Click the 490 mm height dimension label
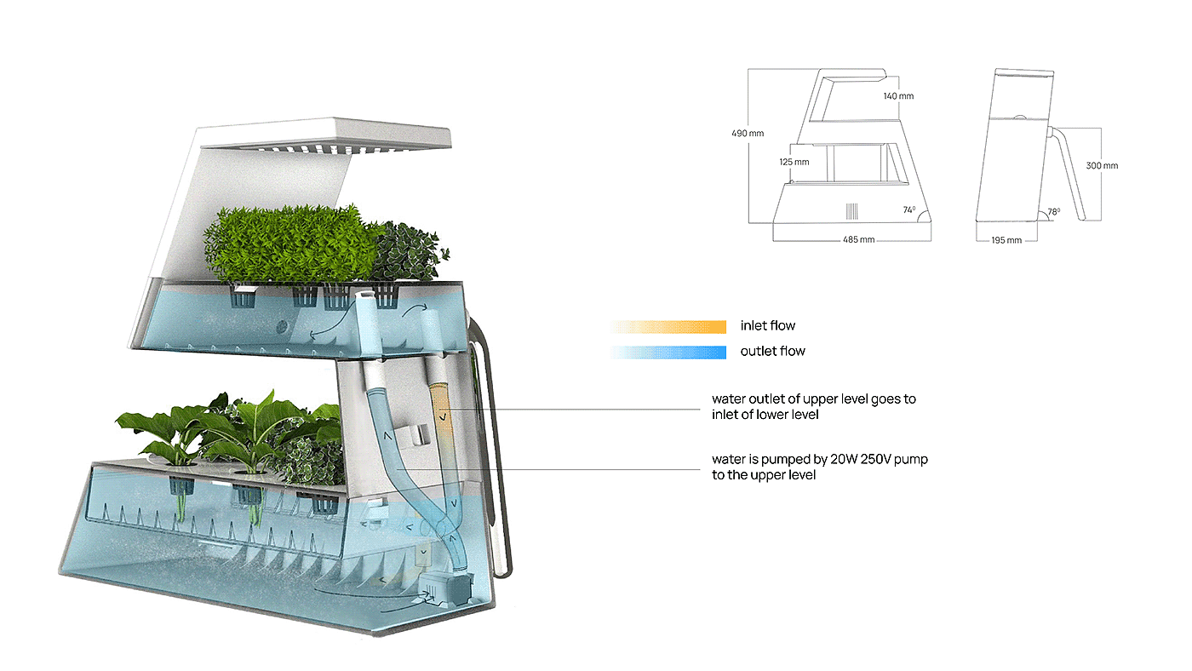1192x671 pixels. click(747, 133)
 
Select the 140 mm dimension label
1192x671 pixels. click(898, 96)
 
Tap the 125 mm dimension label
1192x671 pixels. click(794, 161)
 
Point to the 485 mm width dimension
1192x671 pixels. click(858, 240)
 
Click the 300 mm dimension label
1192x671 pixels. click(1102, 165)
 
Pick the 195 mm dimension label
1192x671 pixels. click(1006, 240)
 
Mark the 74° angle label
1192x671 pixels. click(909, 209)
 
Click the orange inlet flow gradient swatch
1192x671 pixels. click(668, 326)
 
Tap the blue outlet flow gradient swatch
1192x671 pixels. click(668, 352)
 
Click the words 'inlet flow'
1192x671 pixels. click(768, 326)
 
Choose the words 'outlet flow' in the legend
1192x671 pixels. click(772, 352)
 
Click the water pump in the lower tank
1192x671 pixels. click(444, 588)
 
